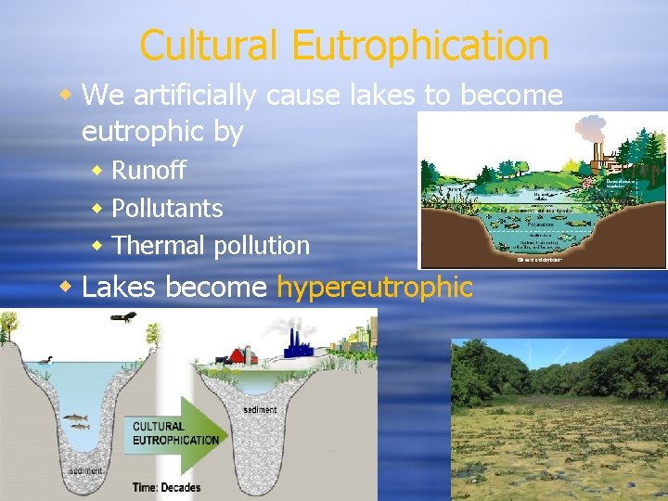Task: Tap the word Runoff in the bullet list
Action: click(148, 171)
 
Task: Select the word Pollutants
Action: click(167, 208)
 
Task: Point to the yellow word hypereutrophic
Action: click(375, 288)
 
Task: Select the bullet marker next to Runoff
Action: click(97, 171)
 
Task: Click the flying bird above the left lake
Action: click(122, 317)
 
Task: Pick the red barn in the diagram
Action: click(243, 355)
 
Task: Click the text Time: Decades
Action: click(166, 486)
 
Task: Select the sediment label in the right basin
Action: click(260, 409)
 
